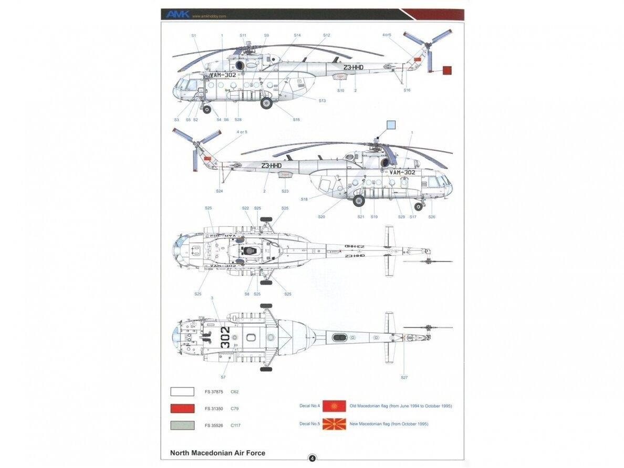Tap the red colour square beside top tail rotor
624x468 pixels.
446,70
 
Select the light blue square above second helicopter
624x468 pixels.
391,125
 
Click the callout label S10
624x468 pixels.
340,91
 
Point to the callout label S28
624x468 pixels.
238,120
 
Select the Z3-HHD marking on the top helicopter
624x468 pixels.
353,68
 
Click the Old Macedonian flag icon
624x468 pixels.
334,406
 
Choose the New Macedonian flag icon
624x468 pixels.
334,423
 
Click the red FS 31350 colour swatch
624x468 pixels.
182,408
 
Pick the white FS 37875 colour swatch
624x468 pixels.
182,391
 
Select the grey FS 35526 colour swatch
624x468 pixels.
182,425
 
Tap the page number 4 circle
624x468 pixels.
312,458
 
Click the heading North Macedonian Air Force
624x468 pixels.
217,453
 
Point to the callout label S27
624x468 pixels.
404,378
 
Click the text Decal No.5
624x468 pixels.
309,423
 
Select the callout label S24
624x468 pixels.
219,191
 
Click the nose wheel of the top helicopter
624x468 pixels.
207,109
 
